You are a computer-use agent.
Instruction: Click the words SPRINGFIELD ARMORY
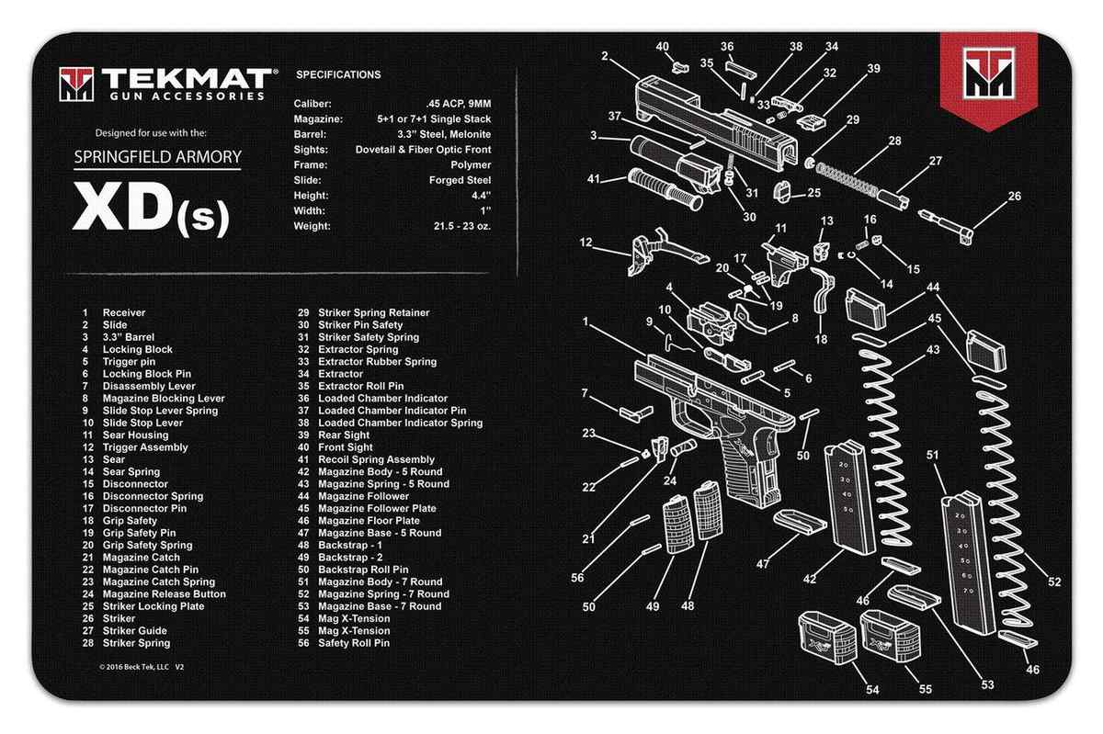coord(157,156)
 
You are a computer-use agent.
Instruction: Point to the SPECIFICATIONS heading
coord(338,74)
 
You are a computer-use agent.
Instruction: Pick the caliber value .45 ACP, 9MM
coord(459,104)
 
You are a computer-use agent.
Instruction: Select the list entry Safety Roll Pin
coord(353,643)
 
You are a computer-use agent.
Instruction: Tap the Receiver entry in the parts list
coord(123,313)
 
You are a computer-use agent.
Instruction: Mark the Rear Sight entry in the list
coord(344,435)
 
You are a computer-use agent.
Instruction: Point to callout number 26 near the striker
coord(988,196)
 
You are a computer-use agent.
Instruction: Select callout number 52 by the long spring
coord(1053,582)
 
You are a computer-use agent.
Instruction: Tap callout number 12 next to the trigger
coord(586,243)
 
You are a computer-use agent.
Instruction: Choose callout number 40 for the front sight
coord(663,46)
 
